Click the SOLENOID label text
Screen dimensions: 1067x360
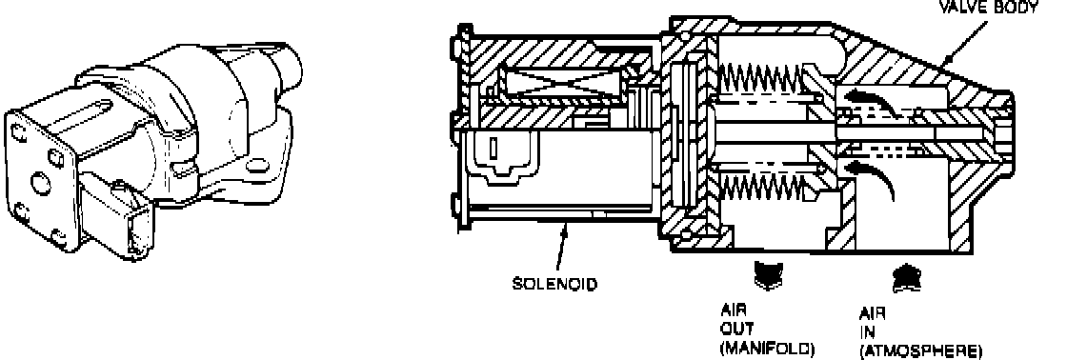[554, 284]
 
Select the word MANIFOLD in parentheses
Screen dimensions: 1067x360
[767, 349]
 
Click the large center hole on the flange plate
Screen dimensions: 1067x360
[41, 183]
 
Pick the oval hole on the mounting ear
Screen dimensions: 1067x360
[257, 166]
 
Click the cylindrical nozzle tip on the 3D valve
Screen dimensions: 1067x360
[285, 65]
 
